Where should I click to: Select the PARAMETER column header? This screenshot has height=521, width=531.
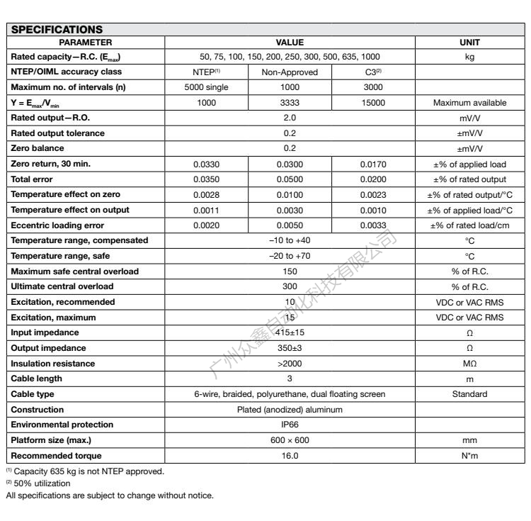point(85,43)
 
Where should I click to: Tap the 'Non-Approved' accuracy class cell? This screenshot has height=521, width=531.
point(290,72)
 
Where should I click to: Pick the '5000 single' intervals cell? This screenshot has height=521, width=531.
point(207,87)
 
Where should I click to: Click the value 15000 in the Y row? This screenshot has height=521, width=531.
point(373,103)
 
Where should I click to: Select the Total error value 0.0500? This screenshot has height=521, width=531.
point(290,179)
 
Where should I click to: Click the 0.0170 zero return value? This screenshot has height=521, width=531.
point(373,164)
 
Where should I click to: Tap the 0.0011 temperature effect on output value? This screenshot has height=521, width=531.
point(207,209)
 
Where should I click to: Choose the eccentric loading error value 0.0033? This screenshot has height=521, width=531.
point(373,225)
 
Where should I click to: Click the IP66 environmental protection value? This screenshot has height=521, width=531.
point(290,424)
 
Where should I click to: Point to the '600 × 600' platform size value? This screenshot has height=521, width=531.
point(290,439)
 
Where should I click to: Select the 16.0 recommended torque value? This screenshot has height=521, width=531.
point(290,454)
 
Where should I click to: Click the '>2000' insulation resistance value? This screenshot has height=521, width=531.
point(290,363)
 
